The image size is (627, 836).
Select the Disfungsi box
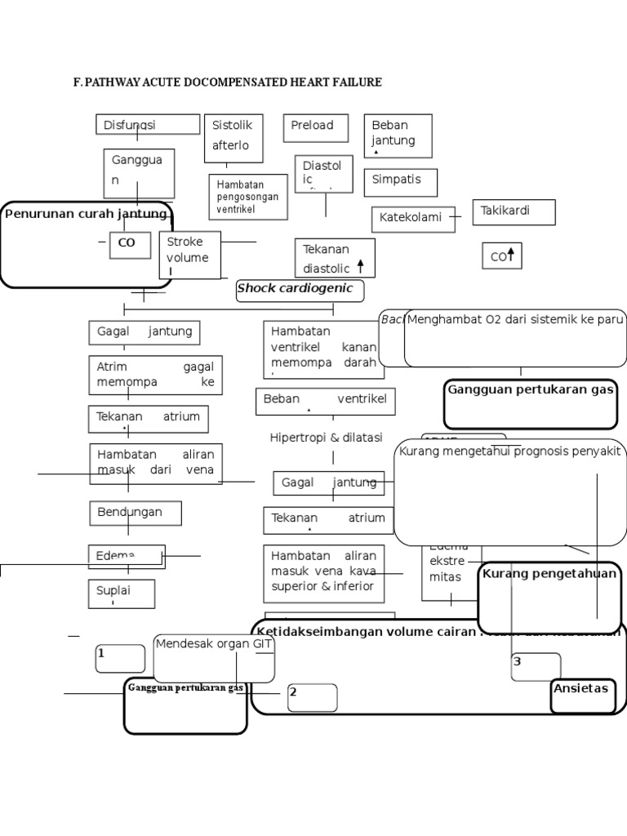[147, 125]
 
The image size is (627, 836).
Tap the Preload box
[316, 127]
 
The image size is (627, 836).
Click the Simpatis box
[400, 181]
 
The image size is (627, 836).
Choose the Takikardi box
[514, 211]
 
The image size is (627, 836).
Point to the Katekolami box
[413, 219]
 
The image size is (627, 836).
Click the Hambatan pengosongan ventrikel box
[247, 197]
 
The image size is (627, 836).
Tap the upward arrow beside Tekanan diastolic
[360, 267]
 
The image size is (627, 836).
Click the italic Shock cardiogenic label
[296, 288]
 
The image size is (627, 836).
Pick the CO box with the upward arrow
[501, 256]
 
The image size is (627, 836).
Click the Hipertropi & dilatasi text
[326, 438]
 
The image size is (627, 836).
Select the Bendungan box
[135, 513]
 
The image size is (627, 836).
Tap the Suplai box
[121, 594]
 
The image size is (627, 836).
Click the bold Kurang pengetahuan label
[549, 574]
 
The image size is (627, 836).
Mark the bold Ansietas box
[582, 690]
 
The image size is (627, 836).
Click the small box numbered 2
[311, 696]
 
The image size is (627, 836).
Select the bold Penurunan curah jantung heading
[87, 214]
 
